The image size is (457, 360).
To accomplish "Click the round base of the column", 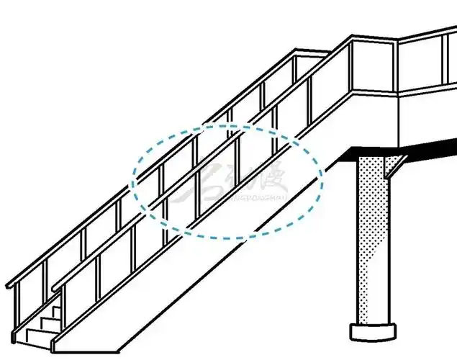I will pos(373,332).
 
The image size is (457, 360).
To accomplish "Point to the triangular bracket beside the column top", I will pos(394,167).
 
